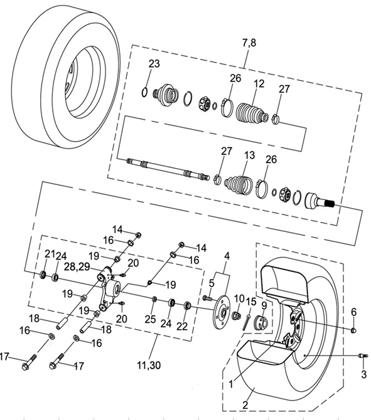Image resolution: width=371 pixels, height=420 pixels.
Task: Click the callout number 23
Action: [154, 64]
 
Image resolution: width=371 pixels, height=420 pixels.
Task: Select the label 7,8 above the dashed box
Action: [249, 43]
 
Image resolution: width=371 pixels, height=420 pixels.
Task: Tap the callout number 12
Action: [259, 84]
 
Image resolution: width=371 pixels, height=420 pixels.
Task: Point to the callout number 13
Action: [249, 155]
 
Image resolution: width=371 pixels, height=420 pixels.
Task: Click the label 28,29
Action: [77, 267]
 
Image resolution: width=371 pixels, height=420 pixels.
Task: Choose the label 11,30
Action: [149, 365]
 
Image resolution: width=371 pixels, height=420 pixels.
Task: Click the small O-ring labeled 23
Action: [144, 92]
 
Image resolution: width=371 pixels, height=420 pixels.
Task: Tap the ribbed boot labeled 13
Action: [238, 184]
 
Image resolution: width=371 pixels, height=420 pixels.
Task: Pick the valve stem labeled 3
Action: [363, 355]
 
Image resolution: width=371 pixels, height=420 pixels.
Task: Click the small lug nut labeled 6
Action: [353, 330]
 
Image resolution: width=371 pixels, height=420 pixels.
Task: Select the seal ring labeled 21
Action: [43, 275]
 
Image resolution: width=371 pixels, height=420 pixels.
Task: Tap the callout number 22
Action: [182, 326]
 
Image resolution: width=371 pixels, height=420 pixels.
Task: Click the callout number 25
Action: [150, 318]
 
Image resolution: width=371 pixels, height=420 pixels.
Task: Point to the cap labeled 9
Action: [261, 322]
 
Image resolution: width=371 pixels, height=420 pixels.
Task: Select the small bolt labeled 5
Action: [208, 298]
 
